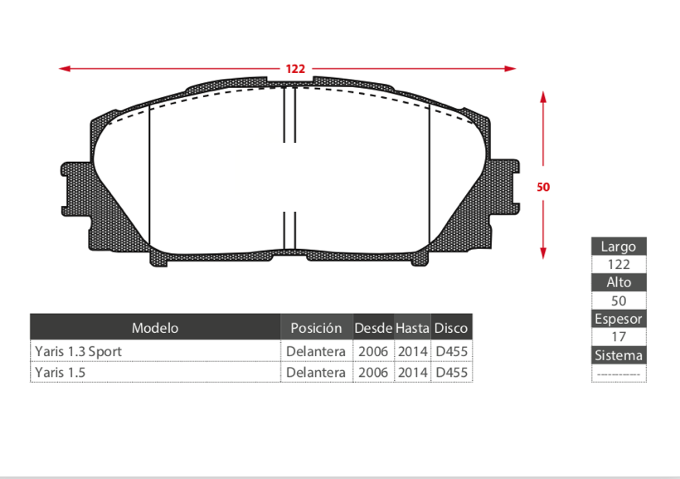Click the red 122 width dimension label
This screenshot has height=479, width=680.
click(x=295, y=69)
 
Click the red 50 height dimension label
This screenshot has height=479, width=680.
click(x=543, y=187)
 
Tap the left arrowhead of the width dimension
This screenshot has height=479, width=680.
click(x=64, y=69)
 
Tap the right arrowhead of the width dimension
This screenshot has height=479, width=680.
click(x=511, y=69)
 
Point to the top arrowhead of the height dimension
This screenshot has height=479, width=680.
click(x=543, y=97)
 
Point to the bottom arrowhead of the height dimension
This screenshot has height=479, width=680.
click(x=543, y=253)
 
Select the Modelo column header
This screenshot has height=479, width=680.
click(x=155, y=328)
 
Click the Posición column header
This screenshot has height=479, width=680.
click(x=316, y=328)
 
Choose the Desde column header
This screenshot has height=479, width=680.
click(x=373, y=328)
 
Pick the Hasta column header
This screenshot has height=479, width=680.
click(x=412, y=328)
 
